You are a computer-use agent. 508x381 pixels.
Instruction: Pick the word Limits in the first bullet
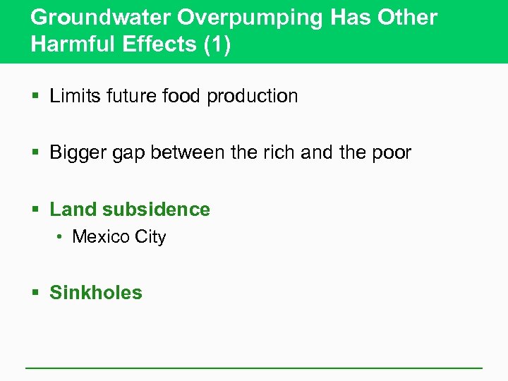(73, 96)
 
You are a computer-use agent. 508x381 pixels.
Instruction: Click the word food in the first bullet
(182, 96)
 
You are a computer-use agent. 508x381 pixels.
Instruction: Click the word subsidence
(156, 210)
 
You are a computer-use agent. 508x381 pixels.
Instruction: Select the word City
(150, 238)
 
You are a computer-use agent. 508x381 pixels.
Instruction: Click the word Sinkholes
(96, 293)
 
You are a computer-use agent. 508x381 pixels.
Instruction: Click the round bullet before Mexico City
(61, 238)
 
